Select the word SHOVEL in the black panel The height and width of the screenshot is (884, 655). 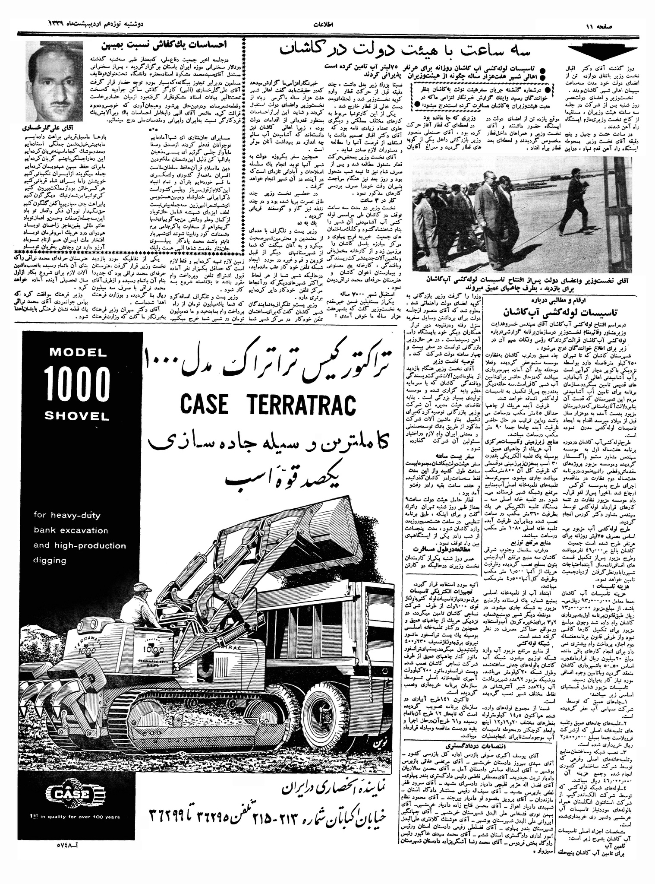pyautogui.click(x=78, y=416)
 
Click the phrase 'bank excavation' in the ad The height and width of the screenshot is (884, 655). pyautogui.click(x=71, y=530)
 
